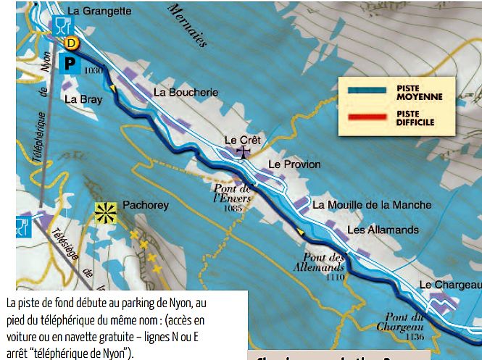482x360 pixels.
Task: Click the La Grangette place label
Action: (99, 11)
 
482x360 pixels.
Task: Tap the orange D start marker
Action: (71, 43)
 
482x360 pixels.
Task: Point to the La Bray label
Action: (82, 99)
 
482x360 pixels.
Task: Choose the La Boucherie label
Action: (186, 92)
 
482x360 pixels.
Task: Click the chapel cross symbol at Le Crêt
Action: (245, 151)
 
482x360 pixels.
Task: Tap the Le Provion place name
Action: (294, 164)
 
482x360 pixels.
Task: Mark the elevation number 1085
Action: (233, 209)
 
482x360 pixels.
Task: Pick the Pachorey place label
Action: (146, 205)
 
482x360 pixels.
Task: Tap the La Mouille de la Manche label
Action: (372, 205)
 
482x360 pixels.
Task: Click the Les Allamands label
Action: (383, 230)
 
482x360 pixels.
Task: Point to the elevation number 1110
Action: (336, 277)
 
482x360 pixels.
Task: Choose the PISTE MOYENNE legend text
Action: (419, 92)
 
